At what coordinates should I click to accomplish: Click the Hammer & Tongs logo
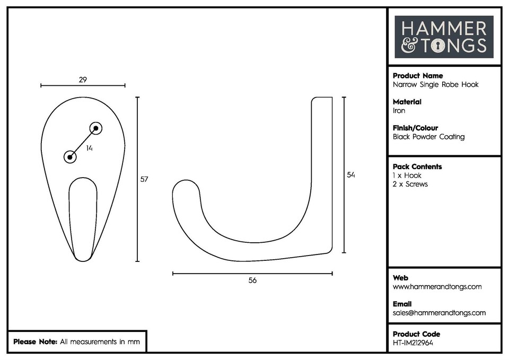click(x=444, y=37)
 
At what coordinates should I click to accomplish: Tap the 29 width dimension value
click(x=83, y=80)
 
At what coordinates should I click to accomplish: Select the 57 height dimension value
click(x=144, y=179)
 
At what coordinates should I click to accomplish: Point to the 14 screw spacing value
click(x=90, y=149)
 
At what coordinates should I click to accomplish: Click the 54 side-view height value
click(x=350, y=175)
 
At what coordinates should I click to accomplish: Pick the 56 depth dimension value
click(x=252, y=280)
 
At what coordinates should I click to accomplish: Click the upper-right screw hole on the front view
click(x=95, y=128)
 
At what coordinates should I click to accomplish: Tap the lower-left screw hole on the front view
click(x=70, y=157)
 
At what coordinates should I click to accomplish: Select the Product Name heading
click(x=418, y=76)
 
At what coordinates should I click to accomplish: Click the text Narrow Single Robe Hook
click(x=435, y=85)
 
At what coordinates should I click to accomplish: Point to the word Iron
click(x=399, y=111)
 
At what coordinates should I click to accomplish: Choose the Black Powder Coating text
click(x=428, y=137)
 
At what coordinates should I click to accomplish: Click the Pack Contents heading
click(x=417, y=166)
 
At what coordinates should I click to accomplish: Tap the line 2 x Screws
click(x=410, y=184)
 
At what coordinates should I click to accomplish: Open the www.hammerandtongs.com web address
click(x=437, y=287)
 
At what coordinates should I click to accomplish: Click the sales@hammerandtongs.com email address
click(x=439, y=313)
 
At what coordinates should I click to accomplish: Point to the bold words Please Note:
click(x=35, y=342)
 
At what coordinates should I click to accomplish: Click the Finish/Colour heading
click(x=416, y=128)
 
